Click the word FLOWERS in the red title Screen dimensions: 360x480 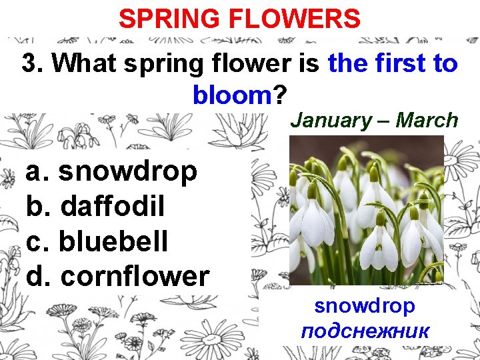[x=296, y=19]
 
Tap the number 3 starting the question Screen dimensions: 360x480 [x=29, y=64]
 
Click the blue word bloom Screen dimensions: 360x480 [x=231, y=95]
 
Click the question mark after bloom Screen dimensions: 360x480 [x=279, y=95]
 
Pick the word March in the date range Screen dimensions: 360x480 [x=427, y=121]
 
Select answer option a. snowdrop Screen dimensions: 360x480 [x=112, y=172]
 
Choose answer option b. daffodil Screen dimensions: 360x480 [x=95, y=207]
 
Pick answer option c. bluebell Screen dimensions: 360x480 [x=97, y=241]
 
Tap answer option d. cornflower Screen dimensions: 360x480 [x=117, y=276]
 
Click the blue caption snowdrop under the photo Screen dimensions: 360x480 [x=365, y=306]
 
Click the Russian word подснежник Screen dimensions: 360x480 [x=365, y=331]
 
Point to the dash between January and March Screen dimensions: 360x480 [x=384, y=121]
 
